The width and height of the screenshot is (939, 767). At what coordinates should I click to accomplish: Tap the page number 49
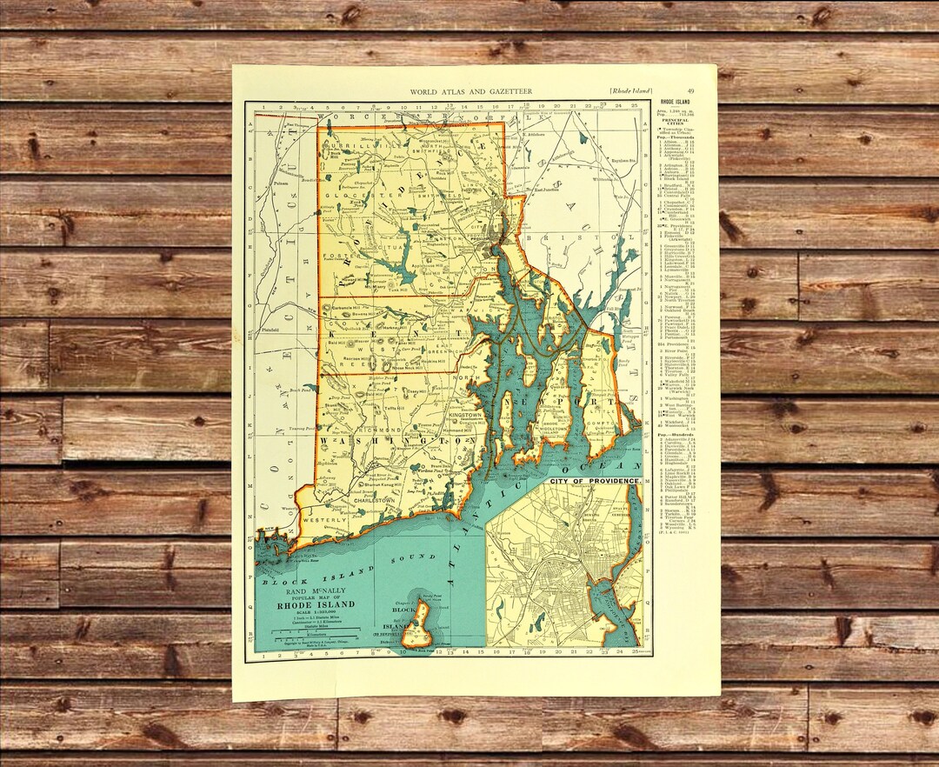[689, 91]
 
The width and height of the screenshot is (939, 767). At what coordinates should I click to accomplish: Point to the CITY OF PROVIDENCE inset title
[595, 481]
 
